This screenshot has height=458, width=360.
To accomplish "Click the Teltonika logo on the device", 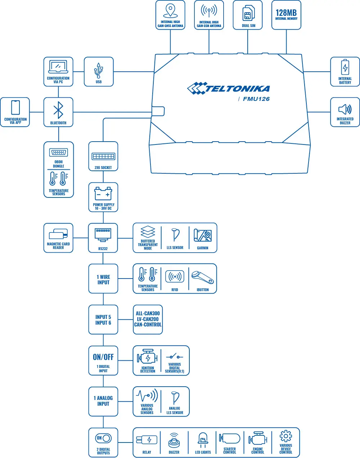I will point(228,88).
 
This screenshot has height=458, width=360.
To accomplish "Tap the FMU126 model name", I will point(256,99).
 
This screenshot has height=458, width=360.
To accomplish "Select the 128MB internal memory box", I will point(286,15).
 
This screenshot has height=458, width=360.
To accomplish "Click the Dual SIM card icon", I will point(248,13).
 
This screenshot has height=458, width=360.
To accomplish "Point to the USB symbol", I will point(98,71).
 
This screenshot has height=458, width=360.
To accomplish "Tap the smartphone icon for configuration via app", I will point(15,107).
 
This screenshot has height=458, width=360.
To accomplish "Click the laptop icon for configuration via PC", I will point(58,67).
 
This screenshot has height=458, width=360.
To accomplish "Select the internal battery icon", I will point(345,67).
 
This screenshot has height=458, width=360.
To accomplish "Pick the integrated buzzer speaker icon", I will point(345,109).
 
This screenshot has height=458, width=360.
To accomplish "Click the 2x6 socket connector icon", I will point(103,156).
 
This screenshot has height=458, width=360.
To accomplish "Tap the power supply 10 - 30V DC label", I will point(103,206).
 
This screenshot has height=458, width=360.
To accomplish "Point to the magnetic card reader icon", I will point(58,234).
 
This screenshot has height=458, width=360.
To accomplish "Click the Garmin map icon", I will point(203,235).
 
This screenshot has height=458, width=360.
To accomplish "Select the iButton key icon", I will point(203,277).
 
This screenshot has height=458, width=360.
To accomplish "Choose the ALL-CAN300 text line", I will point(148,314).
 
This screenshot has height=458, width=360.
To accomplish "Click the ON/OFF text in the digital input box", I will point(103,357).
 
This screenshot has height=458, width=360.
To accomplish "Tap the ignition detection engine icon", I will point(147,357).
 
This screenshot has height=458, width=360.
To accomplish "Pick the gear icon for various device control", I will point(285,436).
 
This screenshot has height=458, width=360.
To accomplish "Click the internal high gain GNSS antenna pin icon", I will point(170,11).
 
